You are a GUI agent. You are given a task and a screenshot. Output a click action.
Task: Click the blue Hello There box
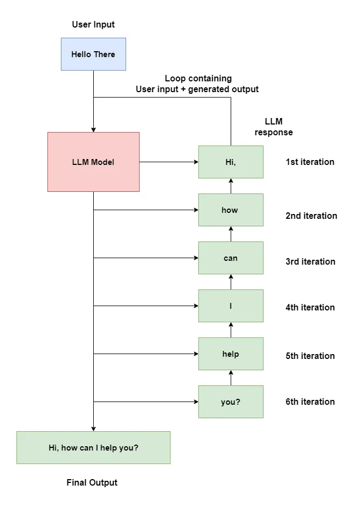[93, 54]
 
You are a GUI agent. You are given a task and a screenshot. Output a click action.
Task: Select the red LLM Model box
[93, 162]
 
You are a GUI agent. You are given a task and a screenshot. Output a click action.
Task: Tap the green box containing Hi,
[231, 162]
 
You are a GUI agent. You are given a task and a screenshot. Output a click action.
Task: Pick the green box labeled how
[231, 210]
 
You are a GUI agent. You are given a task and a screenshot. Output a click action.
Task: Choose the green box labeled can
[231, 258]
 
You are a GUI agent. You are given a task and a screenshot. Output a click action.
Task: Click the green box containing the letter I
[231, 306]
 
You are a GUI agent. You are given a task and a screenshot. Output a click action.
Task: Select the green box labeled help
[231, 354]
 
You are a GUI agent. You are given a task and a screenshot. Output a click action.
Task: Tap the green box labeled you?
[231, 402]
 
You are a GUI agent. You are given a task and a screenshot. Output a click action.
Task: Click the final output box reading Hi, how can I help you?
[93, 447]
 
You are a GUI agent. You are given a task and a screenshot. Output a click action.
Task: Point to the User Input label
[93, 24]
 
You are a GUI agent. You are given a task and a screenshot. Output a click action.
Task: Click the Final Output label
[92, 482]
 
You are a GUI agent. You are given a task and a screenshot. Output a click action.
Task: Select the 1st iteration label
[310, 162]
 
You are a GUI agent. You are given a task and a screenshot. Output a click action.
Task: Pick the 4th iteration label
[310, 307]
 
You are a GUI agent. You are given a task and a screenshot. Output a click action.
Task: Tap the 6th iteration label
[310, 402]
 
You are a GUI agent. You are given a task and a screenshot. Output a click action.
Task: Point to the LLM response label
[274, 127]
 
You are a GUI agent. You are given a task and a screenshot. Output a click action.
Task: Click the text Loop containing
[198, 79]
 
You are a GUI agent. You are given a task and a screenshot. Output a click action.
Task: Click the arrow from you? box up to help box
[231, 378]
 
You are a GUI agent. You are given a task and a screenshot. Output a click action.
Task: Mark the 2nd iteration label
[311, 216]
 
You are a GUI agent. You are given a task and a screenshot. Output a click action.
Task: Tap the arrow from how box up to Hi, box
[231, 186]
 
